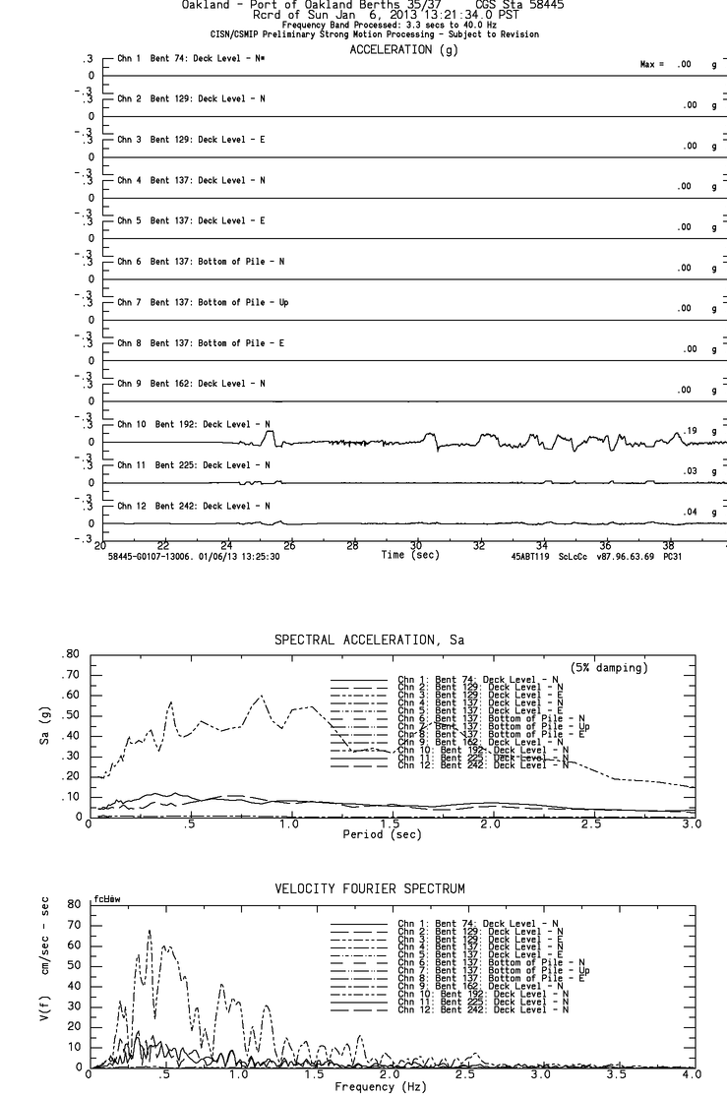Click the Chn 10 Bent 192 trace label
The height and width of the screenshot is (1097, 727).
coord(193,424)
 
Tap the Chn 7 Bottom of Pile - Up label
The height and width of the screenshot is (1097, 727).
coord(203,302)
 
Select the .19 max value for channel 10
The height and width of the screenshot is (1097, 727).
coord(690,431)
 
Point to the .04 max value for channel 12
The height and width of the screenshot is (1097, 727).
coord(690,513)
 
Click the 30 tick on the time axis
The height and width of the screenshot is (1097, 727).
coord(415,546)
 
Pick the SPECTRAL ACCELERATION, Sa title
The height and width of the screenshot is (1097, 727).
coord(369,640)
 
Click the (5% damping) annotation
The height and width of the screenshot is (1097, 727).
coord(609,667)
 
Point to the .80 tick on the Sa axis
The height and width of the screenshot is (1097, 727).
coord(70,654)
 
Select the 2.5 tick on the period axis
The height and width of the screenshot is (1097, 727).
coord(591,824)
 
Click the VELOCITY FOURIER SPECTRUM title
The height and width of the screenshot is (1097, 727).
coord(370,888)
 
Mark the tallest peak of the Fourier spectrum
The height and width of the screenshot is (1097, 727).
coord(150,931)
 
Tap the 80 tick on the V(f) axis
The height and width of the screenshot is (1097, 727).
coord(72,904)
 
